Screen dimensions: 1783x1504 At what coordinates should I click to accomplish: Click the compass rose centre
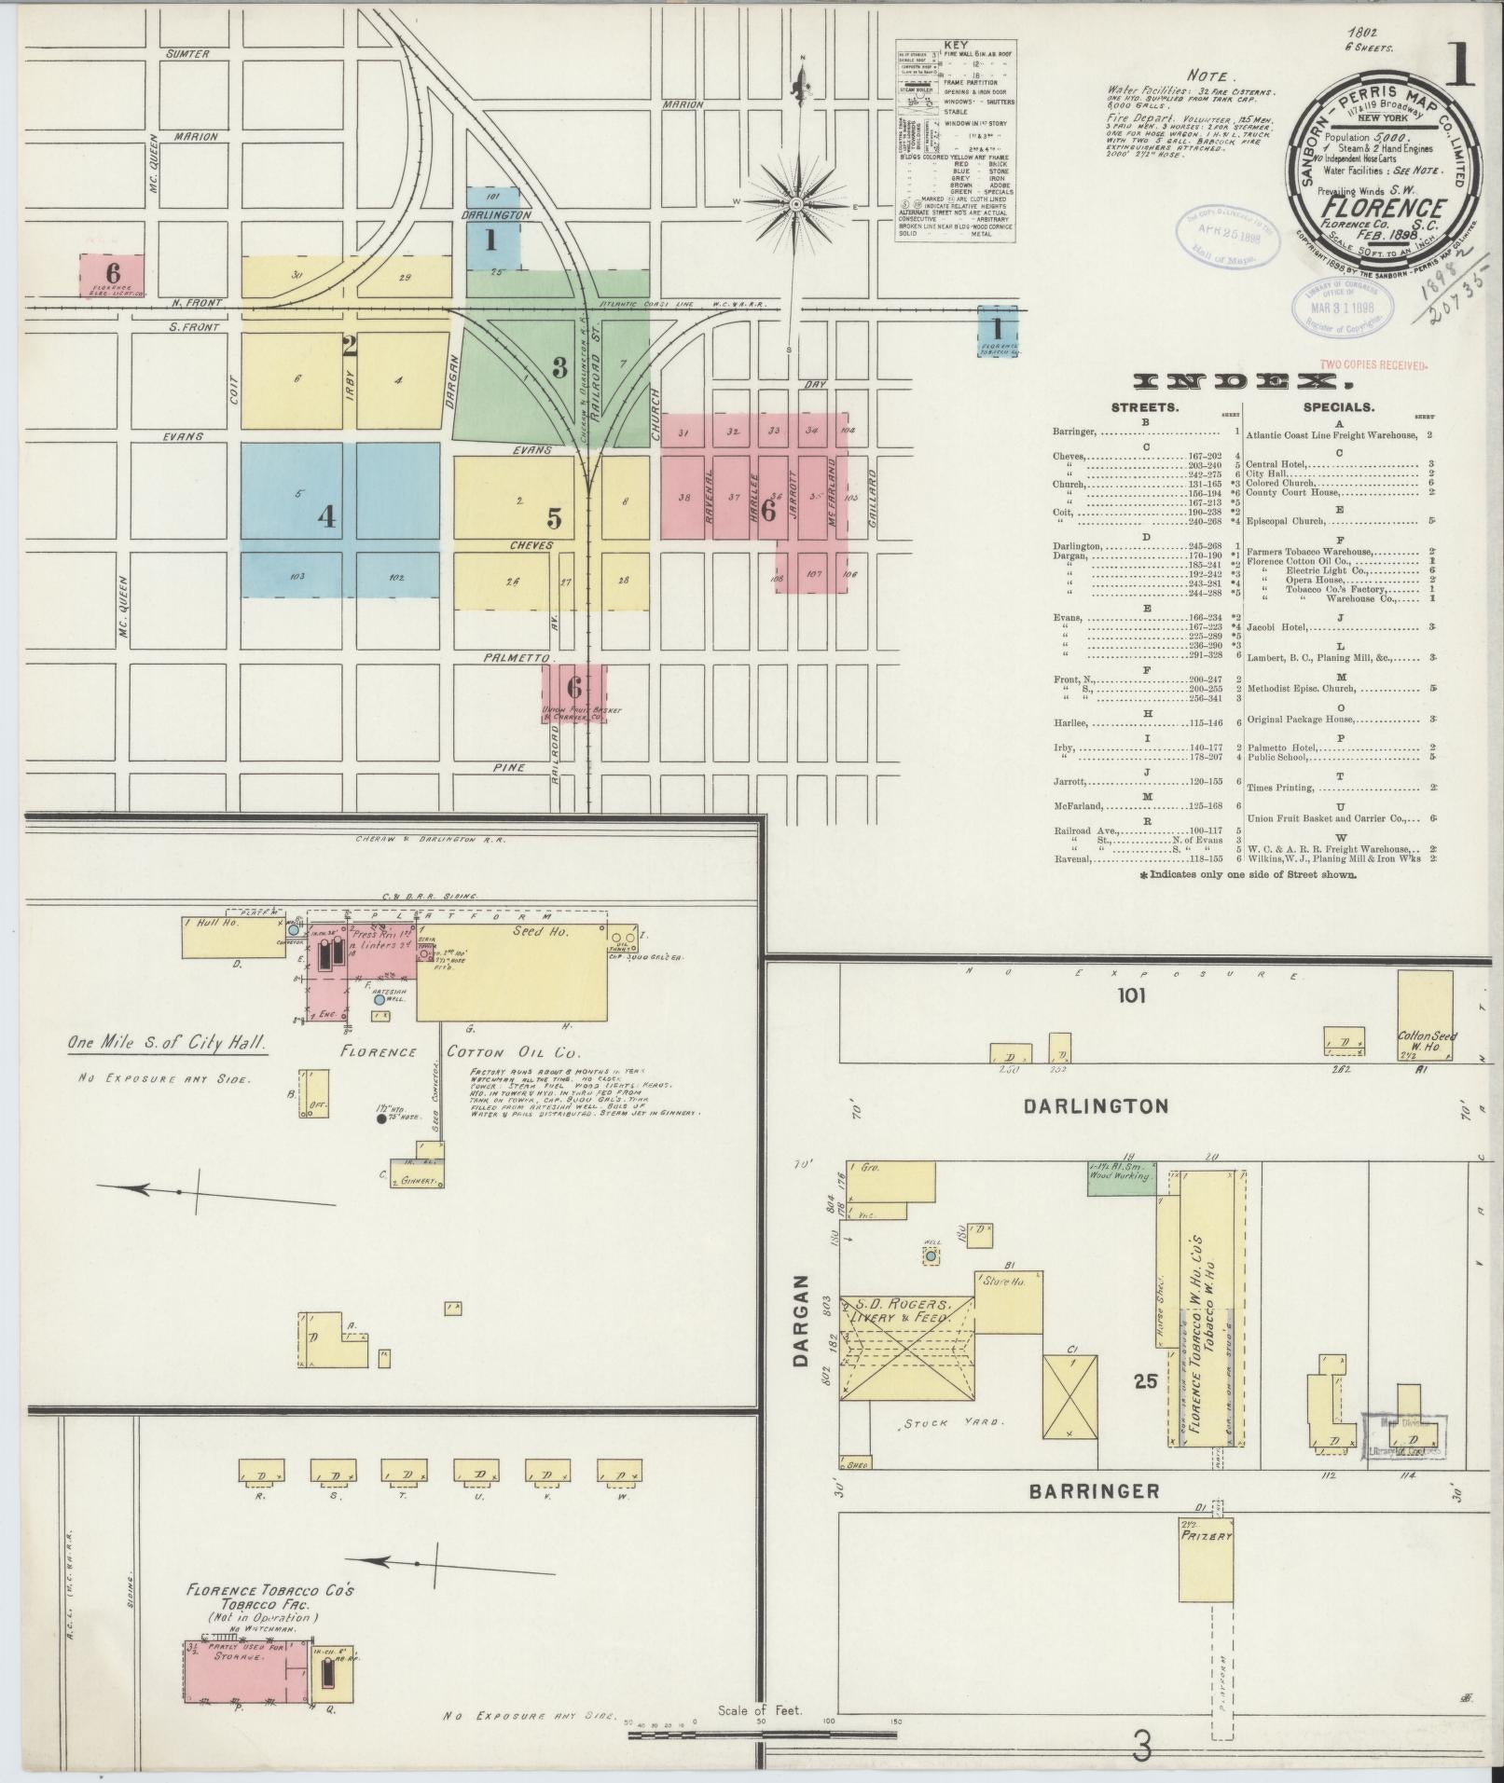798,203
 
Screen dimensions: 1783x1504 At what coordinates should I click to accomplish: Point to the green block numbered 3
559,366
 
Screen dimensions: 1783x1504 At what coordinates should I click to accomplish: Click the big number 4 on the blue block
326,515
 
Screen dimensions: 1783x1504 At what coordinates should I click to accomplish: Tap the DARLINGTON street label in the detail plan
1096,1106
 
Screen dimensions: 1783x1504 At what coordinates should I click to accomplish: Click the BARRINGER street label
1094,1491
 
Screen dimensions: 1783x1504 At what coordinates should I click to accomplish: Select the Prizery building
1207,1560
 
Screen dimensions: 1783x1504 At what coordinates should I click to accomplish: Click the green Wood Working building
1122,1176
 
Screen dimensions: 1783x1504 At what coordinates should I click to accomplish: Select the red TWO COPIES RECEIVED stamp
1373,365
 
